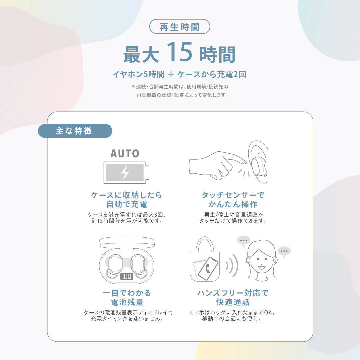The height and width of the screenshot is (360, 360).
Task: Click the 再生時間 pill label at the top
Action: tap(180, 27)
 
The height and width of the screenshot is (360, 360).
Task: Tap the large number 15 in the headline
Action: tap(179, 52)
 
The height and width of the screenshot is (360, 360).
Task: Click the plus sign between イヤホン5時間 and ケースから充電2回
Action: tap(171, 74)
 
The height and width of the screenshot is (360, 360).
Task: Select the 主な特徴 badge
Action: tap(75, 131)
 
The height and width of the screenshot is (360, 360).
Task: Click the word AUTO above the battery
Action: tap(125, 154)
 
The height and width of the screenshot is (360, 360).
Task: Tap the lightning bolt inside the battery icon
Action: tap(125, 172)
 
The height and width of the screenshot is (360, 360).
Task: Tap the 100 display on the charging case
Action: tap(127, 276)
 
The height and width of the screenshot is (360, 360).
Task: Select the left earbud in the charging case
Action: tap(115, 264)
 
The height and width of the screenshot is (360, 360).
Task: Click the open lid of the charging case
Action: tap(127, 242)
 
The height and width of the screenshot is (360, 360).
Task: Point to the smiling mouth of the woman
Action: tap(262, 267)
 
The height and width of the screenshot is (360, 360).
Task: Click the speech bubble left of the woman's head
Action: tap(243, 241)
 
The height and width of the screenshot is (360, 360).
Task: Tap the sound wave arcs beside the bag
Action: tap(232, 266)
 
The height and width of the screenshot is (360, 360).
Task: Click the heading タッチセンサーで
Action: tap(233, 195)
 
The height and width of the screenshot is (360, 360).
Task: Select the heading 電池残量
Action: tap(127, 302)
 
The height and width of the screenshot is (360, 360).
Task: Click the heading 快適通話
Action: tap(233, 302)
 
